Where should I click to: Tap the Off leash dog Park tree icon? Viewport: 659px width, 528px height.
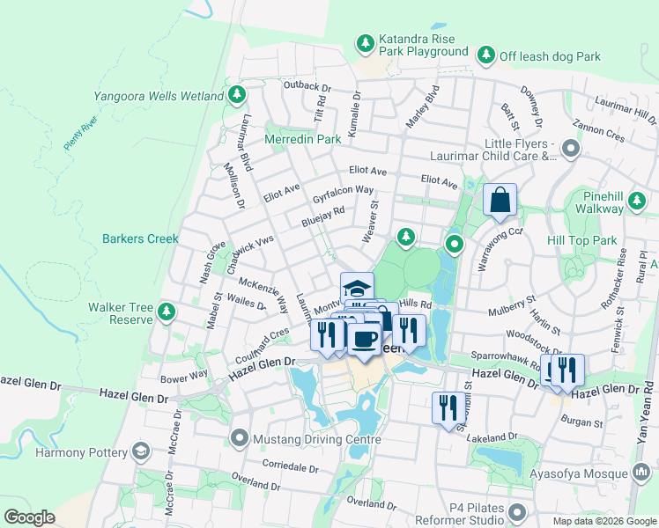click(485, 55)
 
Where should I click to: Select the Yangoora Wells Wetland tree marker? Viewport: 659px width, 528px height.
click(236, 94)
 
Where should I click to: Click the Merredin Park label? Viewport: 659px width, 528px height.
click(303, 139)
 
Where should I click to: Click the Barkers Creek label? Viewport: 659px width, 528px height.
click(140, 238)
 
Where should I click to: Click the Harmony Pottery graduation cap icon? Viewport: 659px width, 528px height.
click(140, 452)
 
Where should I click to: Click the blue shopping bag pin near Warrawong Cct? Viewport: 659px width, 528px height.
click(500, 202)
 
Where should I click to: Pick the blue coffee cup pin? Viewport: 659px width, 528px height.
click(364, 339)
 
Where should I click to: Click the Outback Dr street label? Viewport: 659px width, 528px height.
click(307, 88)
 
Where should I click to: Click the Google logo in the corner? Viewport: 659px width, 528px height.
click(29, 517)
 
